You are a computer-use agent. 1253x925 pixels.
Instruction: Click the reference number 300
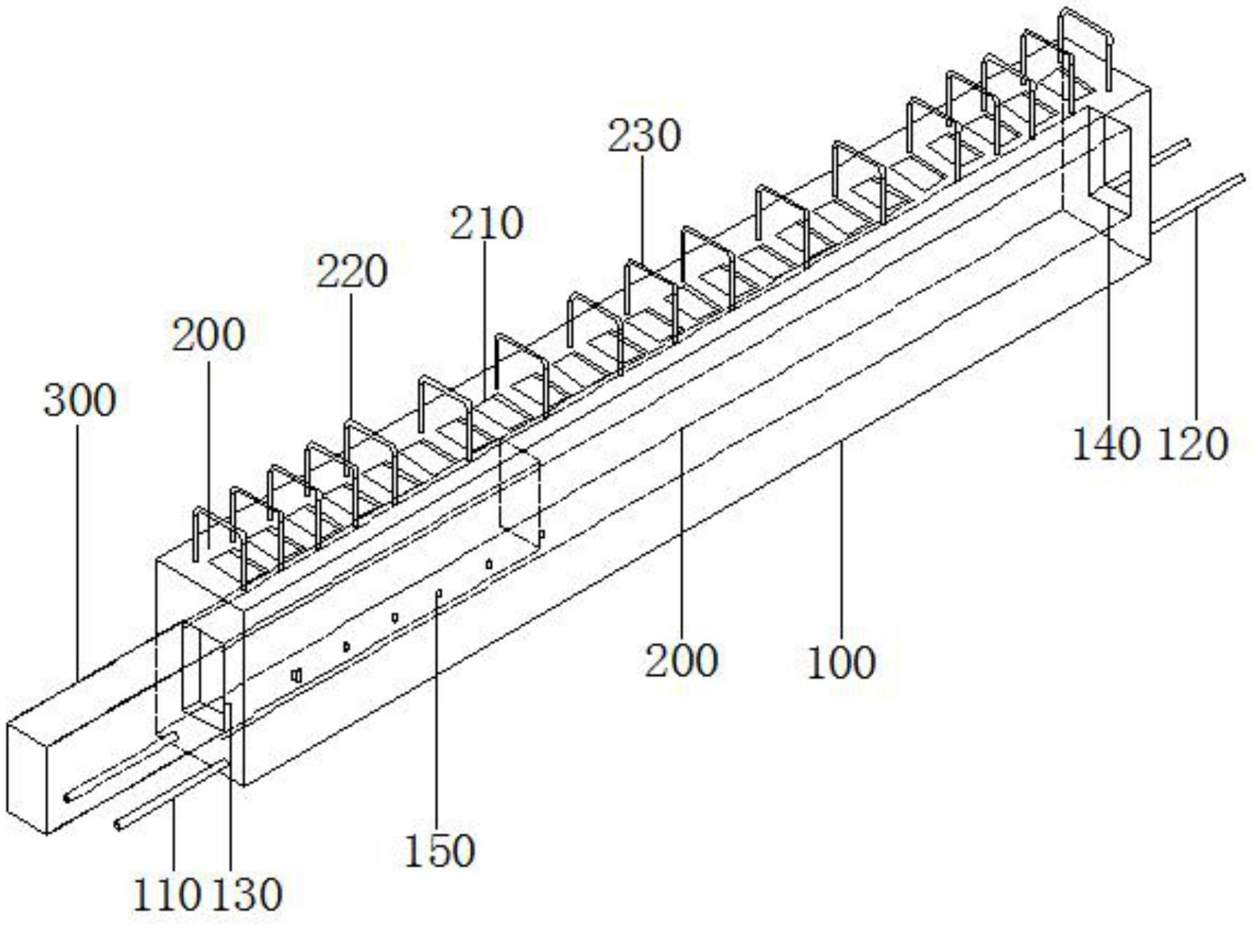(79, 401)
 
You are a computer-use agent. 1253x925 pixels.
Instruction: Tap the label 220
(352, 272)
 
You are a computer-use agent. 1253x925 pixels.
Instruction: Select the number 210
(486, 224)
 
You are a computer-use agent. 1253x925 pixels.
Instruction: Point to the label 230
(644, 136)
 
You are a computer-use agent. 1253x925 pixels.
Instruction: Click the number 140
(1106, 444)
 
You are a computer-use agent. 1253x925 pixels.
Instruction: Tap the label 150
(440, 851)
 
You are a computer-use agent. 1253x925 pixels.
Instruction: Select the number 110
(167, 895)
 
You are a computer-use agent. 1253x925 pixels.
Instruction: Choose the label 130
(247, 895)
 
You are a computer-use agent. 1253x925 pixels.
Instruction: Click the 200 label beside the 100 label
(681, 660)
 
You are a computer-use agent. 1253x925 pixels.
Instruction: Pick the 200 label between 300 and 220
(209, 335)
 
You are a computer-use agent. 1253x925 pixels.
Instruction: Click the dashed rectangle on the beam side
(520, 490)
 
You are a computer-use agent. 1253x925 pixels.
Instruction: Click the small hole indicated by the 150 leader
(438, 594)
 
